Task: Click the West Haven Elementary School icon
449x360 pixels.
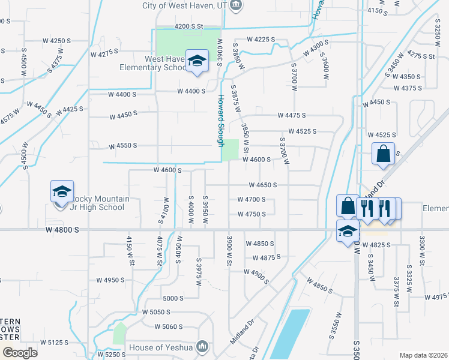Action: (x=196, y=61)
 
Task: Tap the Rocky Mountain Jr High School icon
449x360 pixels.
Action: (x=62, y=192)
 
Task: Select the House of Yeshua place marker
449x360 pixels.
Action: (x=203, y=347)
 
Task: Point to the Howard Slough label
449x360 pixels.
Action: (x=221, y=119)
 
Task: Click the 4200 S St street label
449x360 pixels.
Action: (x=190, y=26)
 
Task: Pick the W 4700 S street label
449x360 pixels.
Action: (x=251, y=200)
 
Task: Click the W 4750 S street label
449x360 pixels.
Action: (x=251, y=214)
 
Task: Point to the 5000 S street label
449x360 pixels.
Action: (x=172, y=298)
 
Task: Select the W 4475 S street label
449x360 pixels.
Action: (x=291, y=115)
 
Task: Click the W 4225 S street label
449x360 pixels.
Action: (x=260, y=40)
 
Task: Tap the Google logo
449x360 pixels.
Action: (x=20, y=353)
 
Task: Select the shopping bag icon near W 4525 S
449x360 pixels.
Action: (x=383, y=155)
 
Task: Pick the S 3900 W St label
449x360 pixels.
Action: (x=229, y=251)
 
